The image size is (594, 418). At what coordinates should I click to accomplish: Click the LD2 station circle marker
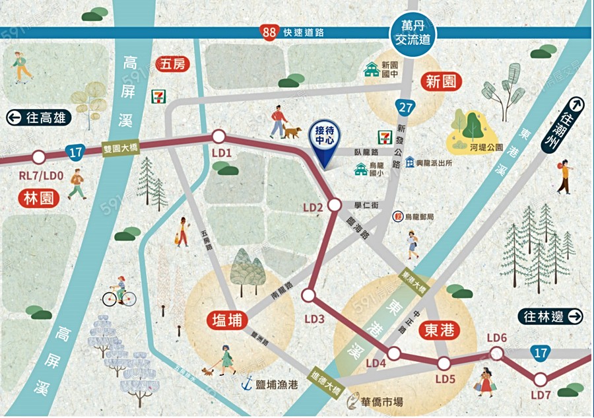pyautogui.click(x=334, y=205)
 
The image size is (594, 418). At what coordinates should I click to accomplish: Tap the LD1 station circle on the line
pyautogui.click(x=219, y=137)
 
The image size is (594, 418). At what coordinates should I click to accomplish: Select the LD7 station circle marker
pyautogui.click(x=541, y=379)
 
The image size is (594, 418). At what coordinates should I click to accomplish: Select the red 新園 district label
pyautogui.click(x=442, y=82)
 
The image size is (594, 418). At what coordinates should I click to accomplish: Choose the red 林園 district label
pyautogui.click(x=40, y=199)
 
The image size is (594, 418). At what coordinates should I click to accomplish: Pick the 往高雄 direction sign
pyautogui.click(x=38, y=118)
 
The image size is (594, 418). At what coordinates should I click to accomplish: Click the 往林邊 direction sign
pyautogui.click(x=550, y=317)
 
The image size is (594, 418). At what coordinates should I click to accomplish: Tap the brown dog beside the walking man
pyautogui.click(x=292, y=132)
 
